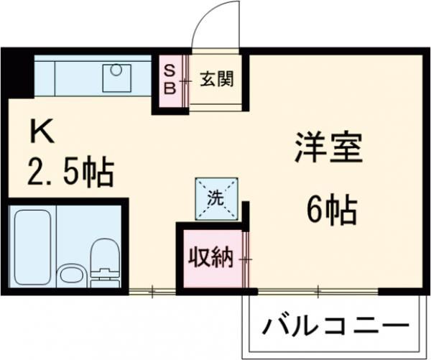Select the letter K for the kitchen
coord(41,133)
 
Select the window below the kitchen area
coord(152,291)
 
